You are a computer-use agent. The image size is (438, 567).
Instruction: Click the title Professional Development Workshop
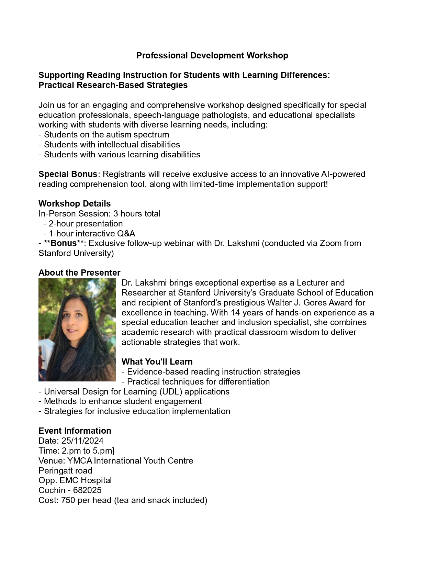(212, 56)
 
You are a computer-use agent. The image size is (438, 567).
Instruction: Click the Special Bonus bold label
(68, 174)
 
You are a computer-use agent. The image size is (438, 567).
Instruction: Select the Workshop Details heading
(75, 204)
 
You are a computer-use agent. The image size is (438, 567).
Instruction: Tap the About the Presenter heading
(79, 273)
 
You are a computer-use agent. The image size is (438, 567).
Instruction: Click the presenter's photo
(77, 330)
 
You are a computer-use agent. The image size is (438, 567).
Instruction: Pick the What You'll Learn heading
(157, 362)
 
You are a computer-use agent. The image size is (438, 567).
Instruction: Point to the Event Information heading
(75, 431)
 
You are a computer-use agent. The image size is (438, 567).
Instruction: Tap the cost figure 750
(68, 500)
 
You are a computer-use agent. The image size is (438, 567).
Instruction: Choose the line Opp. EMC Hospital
(75, 480)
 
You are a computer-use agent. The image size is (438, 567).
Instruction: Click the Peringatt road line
(65, 471)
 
